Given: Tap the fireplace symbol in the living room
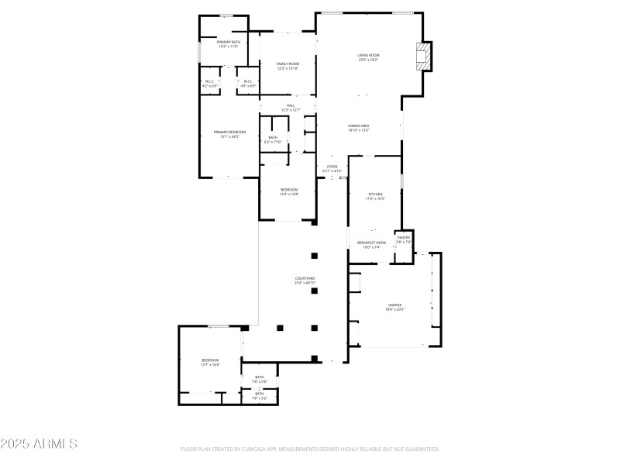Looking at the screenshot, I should click(422, 57).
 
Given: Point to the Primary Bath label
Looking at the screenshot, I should click(228, 44).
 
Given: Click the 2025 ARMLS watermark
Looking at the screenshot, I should click(39, 444).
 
